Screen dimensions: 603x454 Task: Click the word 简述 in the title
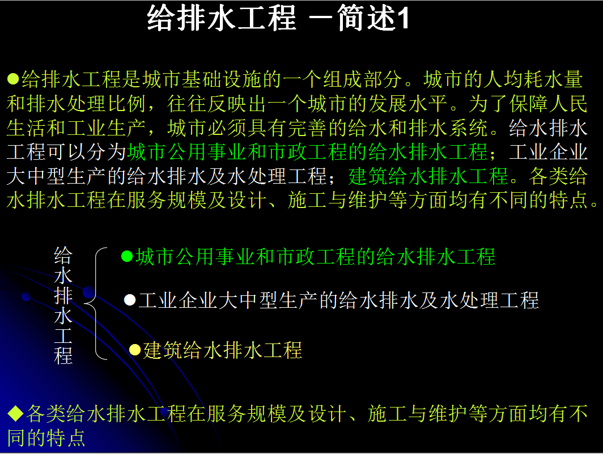tap(366, 18)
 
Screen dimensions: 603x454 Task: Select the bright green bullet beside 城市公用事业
tap(127, 256)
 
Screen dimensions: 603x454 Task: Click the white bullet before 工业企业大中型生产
tap(130, 300)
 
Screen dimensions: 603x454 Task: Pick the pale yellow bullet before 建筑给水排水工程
tap(135, 350)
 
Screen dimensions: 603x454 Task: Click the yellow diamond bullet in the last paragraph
tap(16, 413)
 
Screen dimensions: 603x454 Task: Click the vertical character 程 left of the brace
tap(63, 355)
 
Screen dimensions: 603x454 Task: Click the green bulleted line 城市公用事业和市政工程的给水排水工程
tap(315, 257)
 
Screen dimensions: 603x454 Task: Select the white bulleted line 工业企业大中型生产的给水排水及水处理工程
tap(339, 300)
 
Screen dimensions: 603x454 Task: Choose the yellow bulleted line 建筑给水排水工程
tap(223, 350)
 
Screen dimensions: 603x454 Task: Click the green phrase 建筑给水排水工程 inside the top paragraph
tap(428, 176)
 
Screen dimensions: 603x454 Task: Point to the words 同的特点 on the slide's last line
tap(46, 438)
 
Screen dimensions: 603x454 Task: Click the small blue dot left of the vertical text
tap(26, 296)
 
